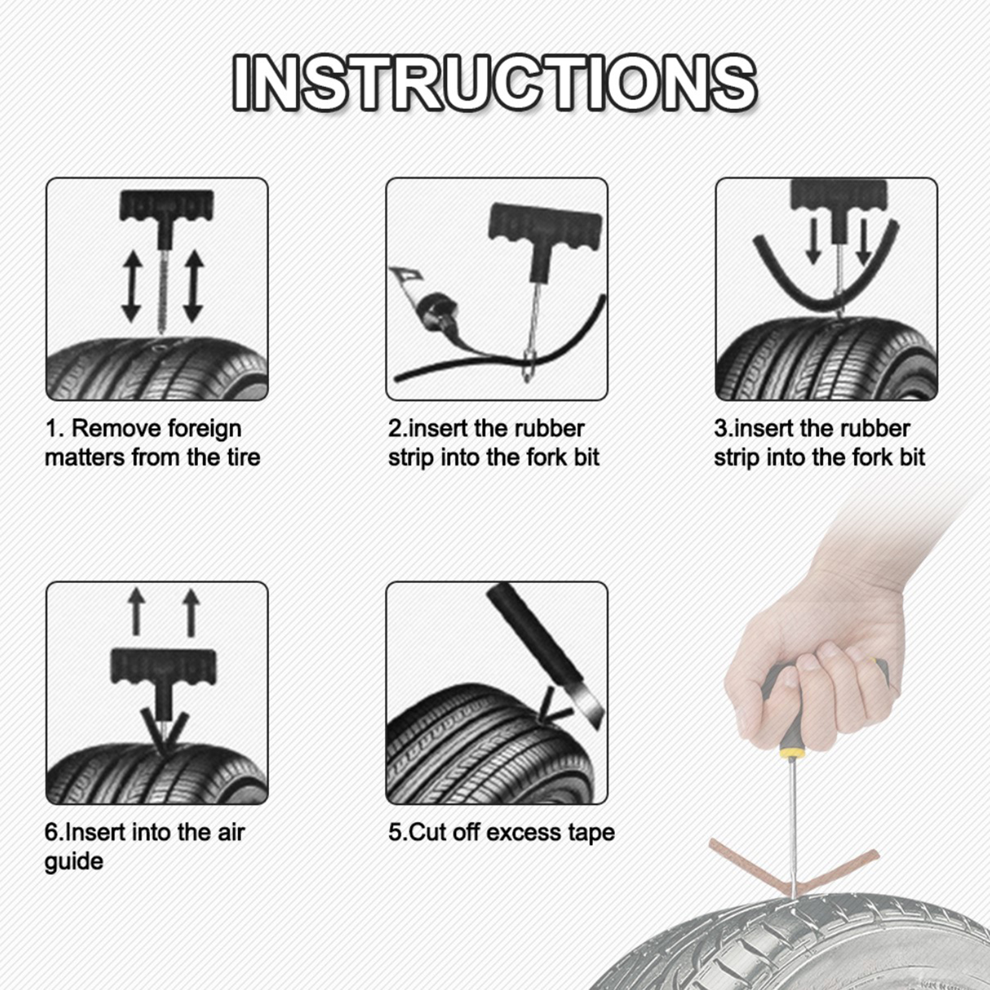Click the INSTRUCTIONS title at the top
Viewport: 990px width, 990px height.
[x=495, y=82]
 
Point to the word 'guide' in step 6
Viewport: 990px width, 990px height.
[x=74, y=862]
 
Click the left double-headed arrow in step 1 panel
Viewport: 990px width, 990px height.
[x=131, y=286]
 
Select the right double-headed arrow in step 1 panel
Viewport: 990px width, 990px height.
[x=194, y=286]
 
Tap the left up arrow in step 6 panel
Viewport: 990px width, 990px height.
[x=137, y=612]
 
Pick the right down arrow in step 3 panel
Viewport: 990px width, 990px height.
[x=864, y=241]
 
